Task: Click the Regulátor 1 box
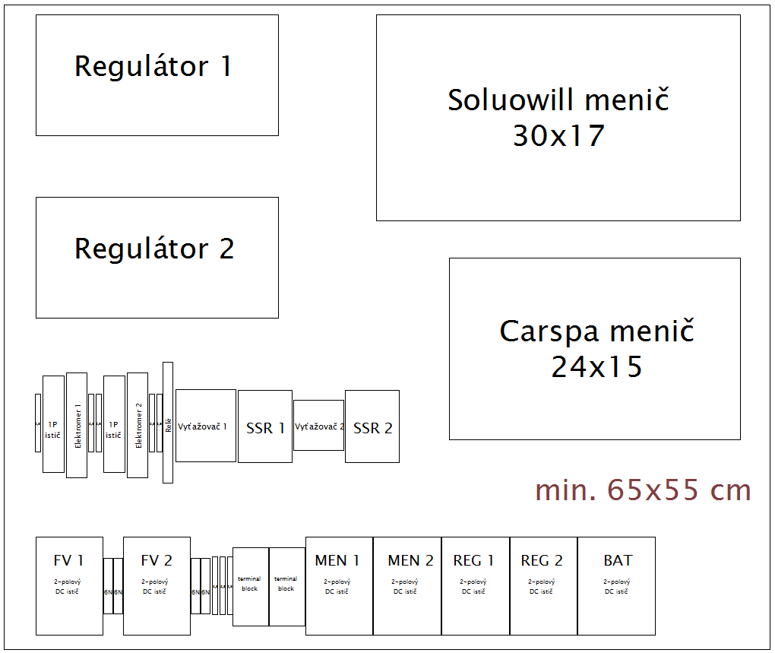click(157, 75)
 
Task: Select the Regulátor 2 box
click(157, 258)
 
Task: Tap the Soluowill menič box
click(558, 118)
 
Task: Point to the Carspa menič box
click(594, 349)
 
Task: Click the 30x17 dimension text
click(558, 136)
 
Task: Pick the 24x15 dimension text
click(596, 367)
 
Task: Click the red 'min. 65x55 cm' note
click(643, 490)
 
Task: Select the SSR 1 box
click(264, 426)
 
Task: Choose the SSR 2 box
click(372, 426)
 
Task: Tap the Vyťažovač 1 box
click(205, 426)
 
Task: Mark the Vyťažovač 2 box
click(318, 426)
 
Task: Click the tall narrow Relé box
click(168, 423)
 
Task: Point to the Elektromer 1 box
click(77, 425)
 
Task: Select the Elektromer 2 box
click(138, 425)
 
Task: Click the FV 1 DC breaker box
click(69, 586)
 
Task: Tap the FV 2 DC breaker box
click(157, 586)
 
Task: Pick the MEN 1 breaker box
click(339, 586)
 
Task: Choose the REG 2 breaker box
click(543, 586)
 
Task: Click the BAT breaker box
click(616, 586)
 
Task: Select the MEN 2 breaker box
click(407, 586)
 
